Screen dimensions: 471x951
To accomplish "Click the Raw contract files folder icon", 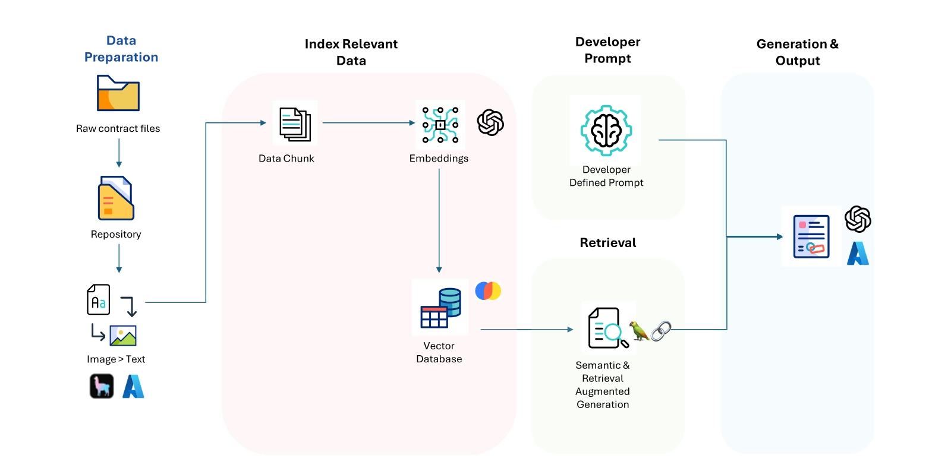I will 118,93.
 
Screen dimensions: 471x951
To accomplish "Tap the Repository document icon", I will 116,198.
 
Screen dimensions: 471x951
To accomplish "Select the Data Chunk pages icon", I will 295,124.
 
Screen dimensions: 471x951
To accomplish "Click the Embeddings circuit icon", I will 440,125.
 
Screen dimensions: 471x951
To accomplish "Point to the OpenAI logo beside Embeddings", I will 490,122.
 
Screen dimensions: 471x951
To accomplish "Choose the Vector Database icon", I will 440,308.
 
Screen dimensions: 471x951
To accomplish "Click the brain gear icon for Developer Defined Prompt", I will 606,131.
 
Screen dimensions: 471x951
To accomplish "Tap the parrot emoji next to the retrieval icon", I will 639,331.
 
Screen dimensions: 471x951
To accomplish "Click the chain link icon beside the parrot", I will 661,331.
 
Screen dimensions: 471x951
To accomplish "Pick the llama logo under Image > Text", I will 102,386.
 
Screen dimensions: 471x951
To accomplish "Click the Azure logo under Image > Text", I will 133,386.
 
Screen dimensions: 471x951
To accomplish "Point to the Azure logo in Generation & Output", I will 858,254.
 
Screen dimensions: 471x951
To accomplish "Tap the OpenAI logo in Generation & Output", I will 858,219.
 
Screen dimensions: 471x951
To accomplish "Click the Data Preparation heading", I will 121,49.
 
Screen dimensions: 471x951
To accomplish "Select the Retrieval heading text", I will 607,242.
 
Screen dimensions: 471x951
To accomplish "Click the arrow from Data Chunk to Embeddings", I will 369,123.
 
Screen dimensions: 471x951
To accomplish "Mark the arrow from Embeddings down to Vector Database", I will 439,220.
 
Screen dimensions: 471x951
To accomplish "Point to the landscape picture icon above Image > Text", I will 123,336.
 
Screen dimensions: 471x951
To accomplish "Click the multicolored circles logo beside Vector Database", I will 488,290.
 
